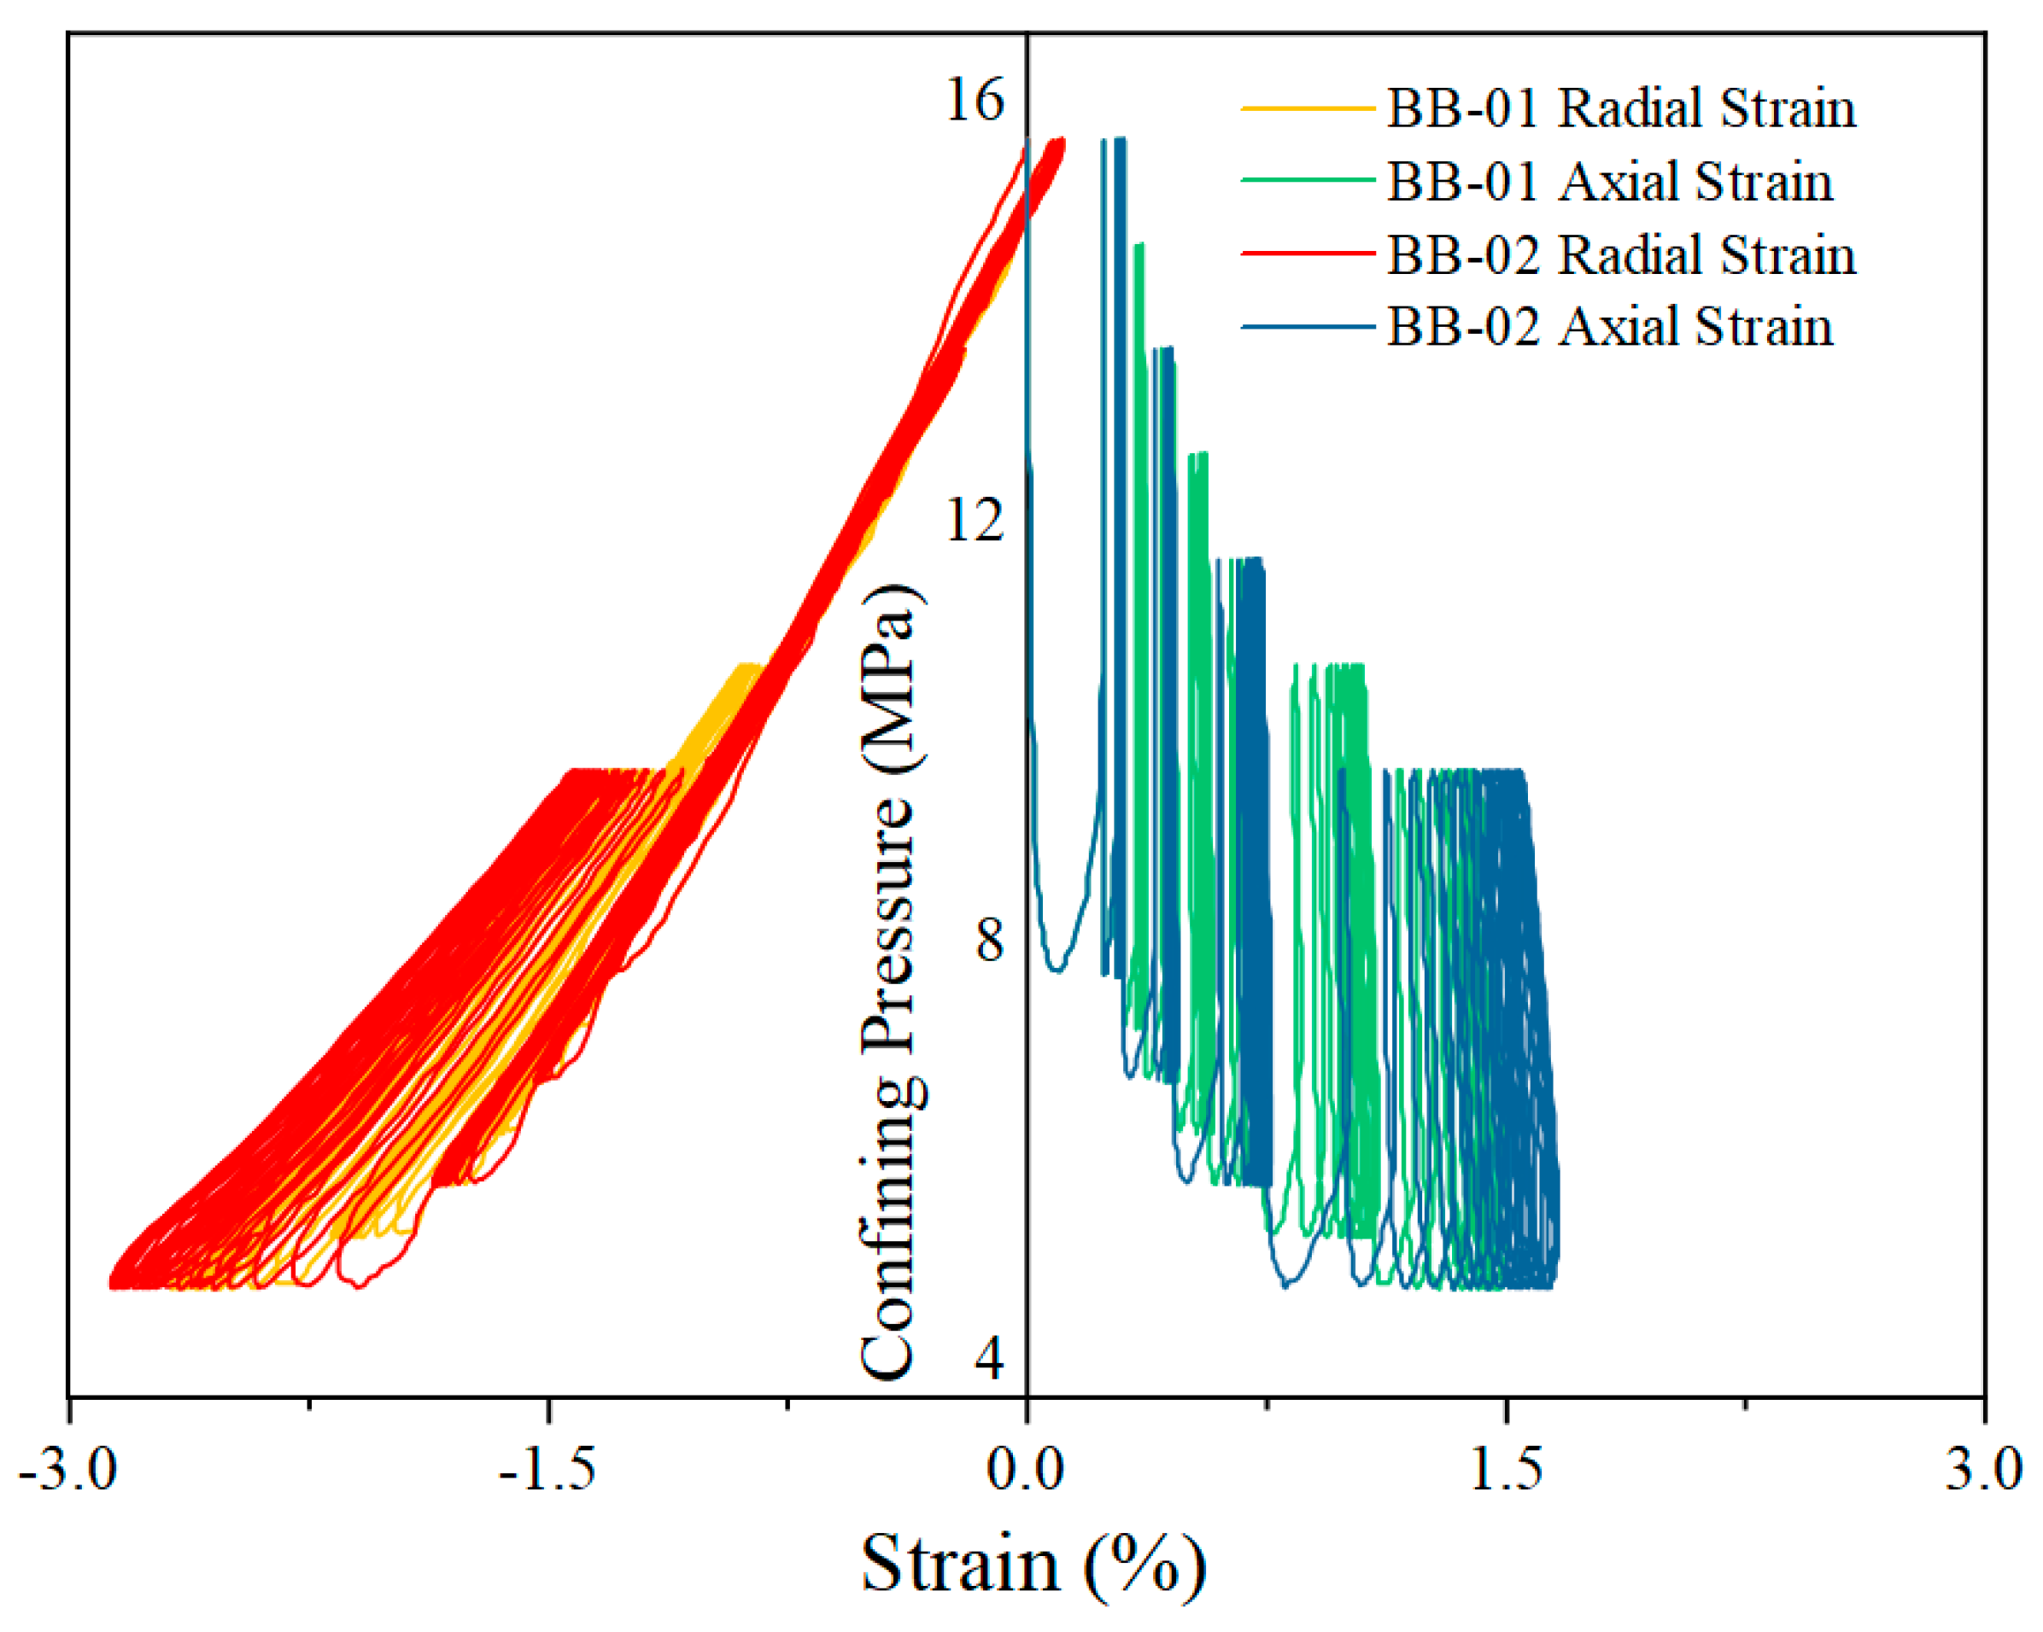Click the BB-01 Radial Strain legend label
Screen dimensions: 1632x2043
pyautogui.click(x=1620, y=108)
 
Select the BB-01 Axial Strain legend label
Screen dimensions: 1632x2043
pyautogui.click(x=1609, y=181)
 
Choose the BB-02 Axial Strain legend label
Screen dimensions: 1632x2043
pyautogui.click(x=1609, y=327)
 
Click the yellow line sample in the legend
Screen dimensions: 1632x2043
pyautogui.click(x=1308, y=108)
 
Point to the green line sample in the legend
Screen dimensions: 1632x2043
pyautogui.click(x=1308, y=180)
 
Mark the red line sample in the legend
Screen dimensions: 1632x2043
pyautogui.click(x=1308, y=253)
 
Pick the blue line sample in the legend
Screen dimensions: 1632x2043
pyautogui.click(x=1308, y=327)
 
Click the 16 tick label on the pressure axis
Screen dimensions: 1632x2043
pyautogui.click(x=975, y=100)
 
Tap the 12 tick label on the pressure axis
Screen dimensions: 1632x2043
pyautogui.click(x=975, y=520)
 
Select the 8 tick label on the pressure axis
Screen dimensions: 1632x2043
pyautogui.click(x=989, y=940)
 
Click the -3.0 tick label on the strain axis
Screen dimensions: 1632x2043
pyautogui.click(x=67, y=1469)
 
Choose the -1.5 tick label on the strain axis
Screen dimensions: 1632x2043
pyautogui.click(x=547, y=1469)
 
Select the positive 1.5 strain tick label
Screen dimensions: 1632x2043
pyautogui.click(x=1506, y=1469)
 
